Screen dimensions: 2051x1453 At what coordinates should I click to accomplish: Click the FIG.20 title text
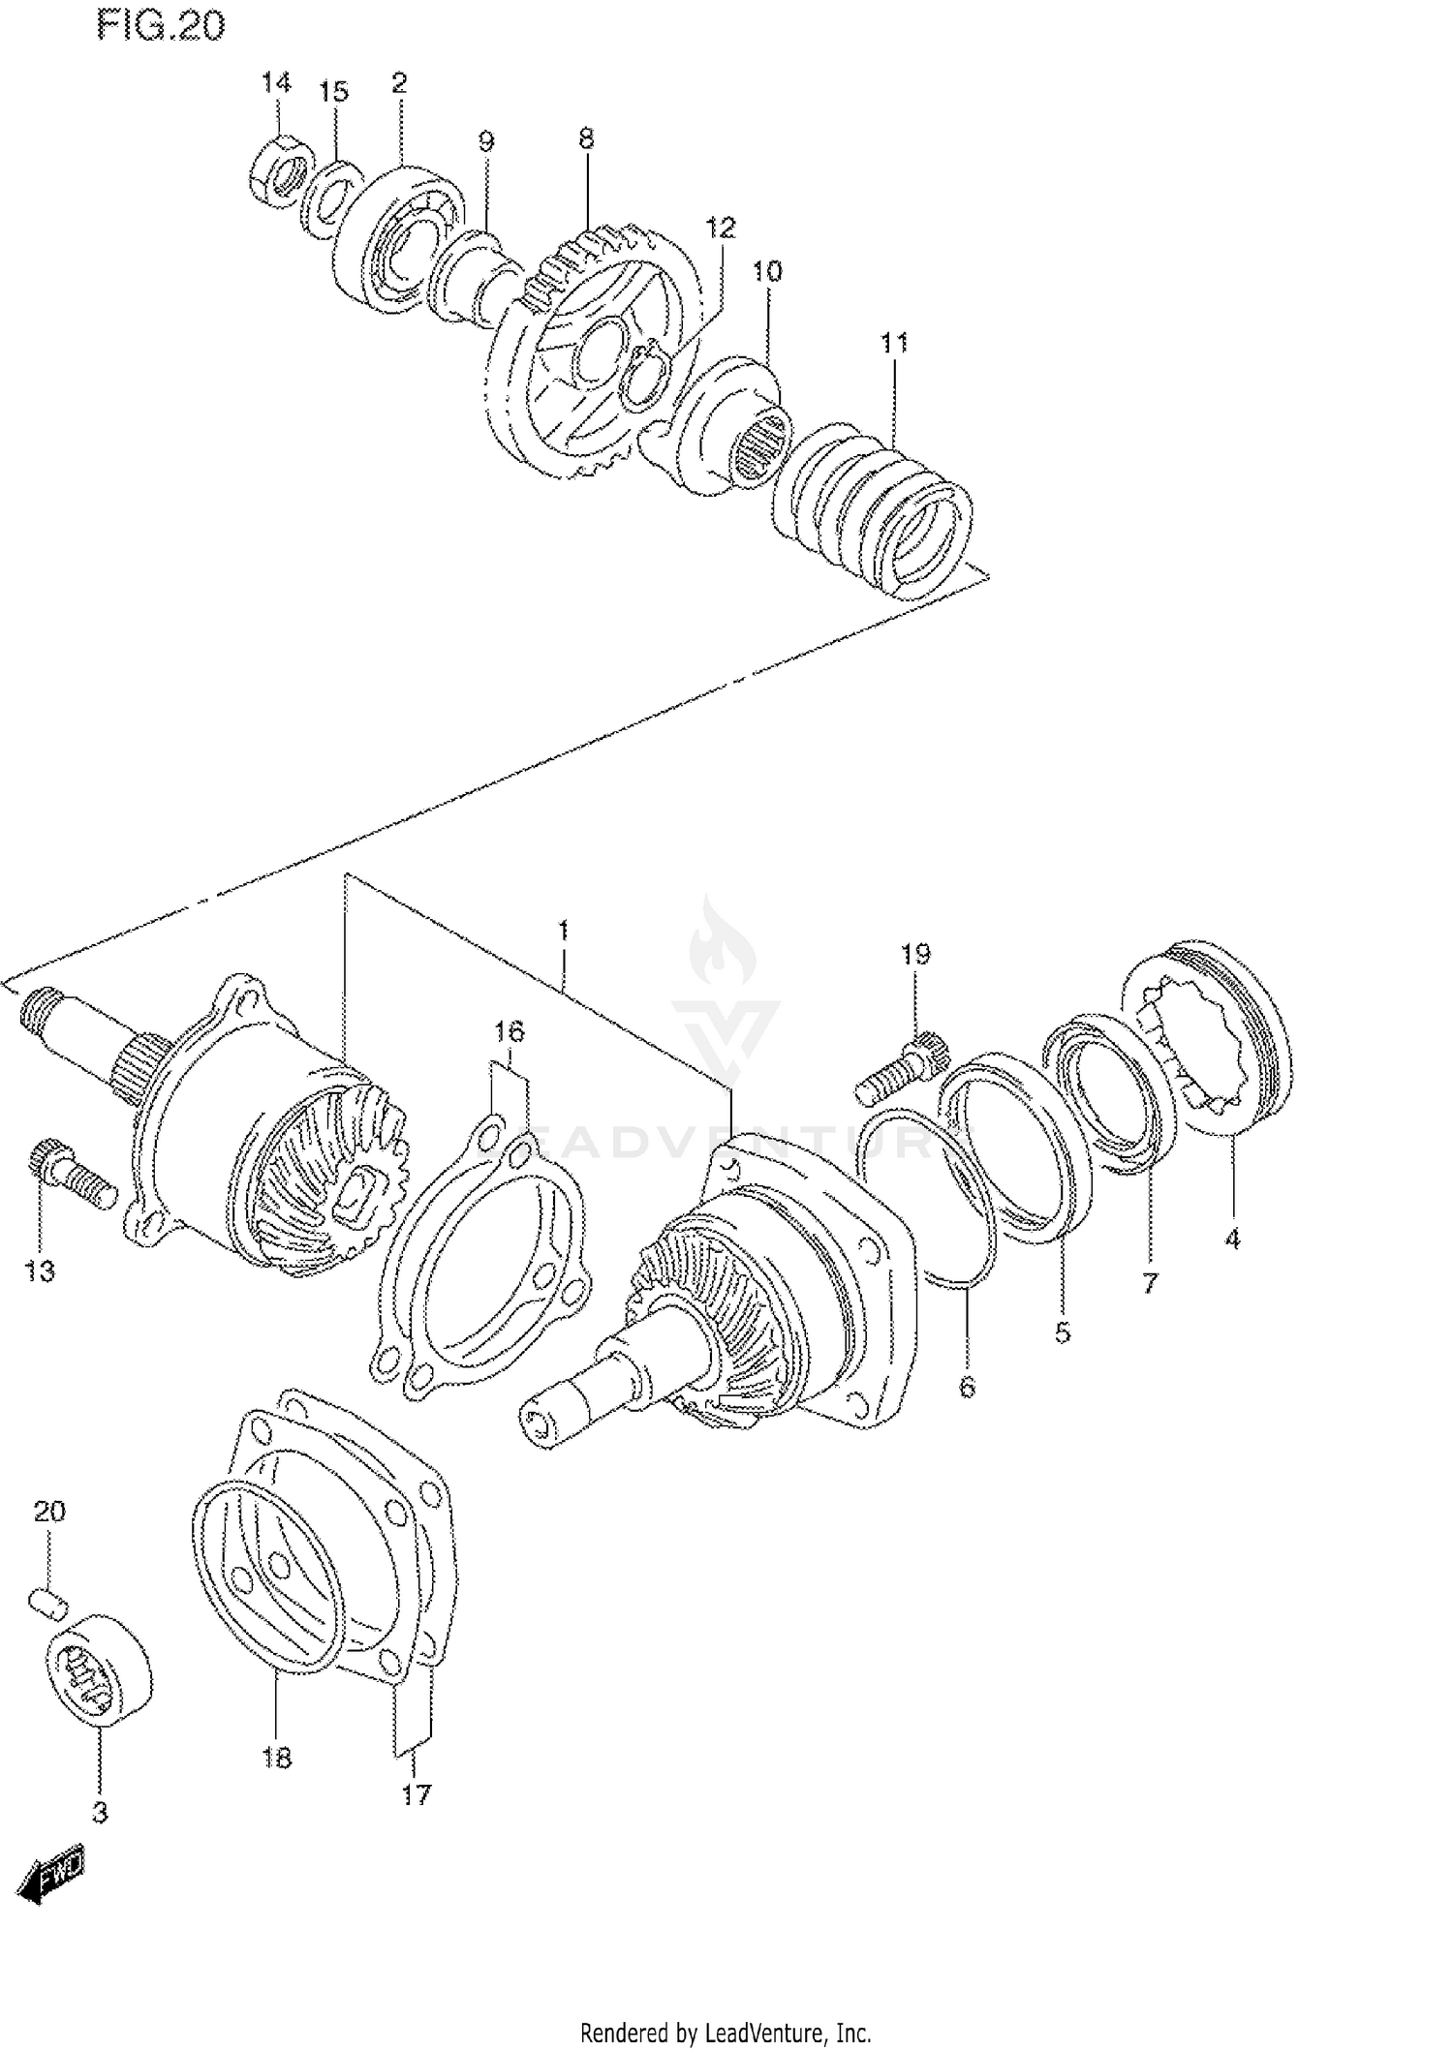coord(160,26)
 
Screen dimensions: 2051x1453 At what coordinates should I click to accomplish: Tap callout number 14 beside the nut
coord(276,82)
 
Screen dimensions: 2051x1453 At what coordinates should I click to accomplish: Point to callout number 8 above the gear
coord(586,138)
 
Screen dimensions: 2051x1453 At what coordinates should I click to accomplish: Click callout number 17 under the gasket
coord(416,1794)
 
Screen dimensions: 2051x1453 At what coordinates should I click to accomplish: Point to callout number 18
coord(276,1757)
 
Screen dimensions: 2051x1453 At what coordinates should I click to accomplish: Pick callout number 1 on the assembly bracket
coord(563,932)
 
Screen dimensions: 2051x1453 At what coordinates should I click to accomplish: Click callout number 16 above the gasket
coord(509,1031)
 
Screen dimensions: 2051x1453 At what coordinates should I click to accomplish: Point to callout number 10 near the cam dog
coord(767,271)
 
